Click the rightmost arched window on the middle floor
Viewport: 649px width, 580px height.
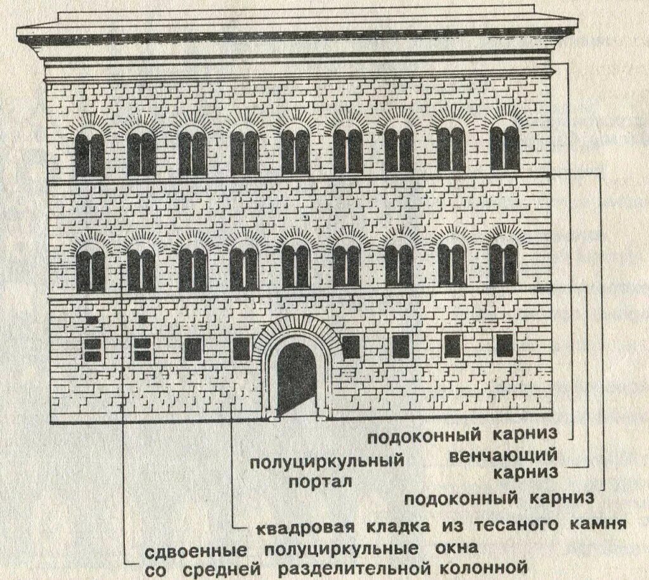(x=503, y=262)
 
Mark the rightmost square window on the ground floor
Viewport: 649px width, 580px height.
(x=504, y=345)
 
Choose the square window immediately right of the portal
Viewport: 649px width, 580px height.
(x=350, y=346)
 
